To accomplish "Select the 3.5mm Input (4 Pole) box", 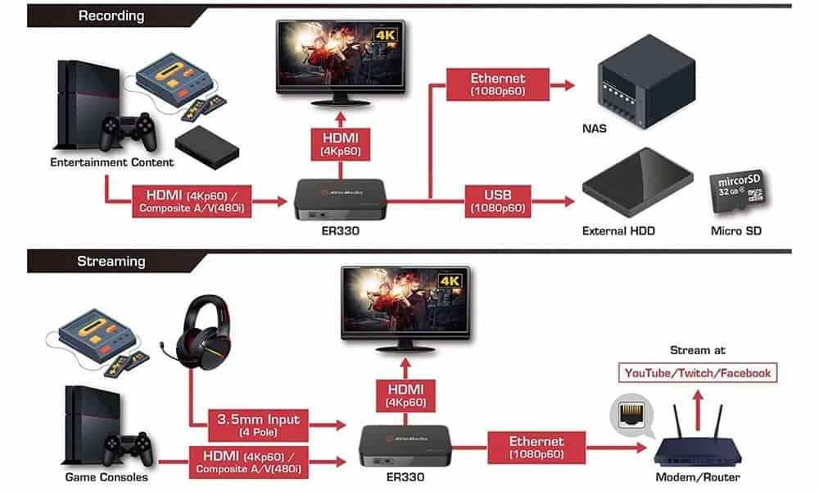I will click(x=257, y=424).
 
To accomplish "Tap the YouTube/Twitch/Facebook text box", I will click(x=697, y=373).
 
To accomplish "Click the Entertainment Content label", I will click(x=100, y=162).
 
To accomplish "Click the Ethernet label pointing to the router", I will click(x=536, y=447).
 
